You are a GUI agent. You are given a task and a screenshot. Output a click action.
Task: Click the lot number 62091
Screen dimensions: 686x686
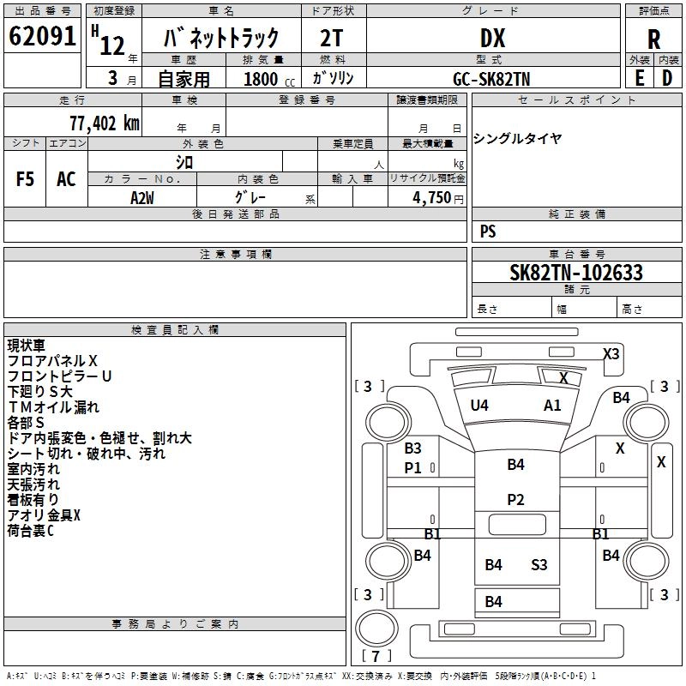coord(42,36)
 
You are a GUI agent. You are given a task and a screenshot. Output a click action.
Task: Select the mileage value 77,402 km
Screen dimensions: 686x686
coord(105,123)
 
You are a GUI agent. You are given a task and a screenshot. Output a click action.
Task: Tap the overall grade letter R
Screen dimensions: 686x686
coord(653,39)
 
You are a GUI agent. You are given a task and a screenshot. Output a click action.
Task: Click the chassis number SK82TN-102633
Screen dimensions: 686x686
coord(576,272)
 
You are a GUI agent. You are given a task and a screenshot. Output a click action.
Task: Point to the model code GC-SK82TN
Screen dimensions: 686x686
coord(491,79)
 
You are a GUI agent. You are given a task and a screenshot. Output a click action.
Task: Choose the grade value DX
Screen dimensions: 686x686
coord(492,39)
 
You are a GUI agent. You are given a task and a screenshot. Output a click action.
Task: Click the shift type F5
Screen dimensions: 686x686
coord(25,179)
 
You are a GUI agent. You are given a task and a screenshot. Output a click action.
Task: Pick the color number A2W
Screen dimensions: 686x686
coord(142,198)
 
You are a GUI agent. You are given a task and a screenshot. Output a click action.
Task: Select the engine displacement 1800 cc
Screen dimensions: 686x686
coord(269,79)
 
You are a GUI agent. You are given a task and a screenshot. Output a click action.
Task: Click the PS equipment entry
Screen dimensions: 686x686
coord(488,232)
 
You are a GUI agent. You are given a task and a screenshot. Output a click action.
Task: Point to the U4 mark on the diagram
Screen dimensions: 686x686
coord(479,406)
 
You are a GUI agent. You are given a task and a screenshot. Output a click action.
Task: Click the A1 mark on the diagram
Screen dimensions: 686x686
coord(552,406)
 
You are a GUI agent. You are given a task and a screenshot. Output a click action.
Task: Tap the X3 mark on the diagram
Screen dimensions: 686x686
coord(611,353)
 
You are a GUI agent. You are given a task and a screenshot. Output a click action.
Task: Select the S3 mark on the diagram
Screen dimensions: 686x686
coord(539,565)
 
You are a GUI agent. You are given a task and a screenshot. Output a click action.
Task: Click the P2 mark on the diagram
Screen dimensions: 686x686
coord(515,500)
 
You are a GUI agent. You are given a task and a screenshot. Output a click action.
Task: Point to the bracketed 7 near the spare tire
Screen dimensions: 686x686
coord(376,656)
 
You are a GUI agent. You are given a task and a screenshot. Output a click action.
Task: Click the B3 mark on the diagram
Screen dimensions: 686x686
coord(412,448)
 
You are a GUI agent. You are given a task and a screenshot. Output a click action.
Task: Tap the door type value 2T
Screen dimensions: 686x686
coord(332,39)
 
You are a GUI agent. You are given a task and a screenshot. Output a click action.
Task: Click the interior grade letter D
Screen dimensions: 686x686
coord(667,78)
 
